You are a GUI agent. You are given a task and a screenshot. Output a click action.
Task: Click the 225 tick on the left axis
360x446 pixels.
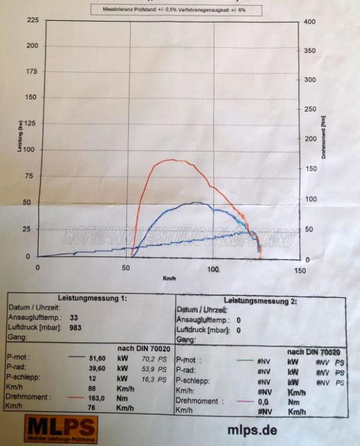[x=33, y=20]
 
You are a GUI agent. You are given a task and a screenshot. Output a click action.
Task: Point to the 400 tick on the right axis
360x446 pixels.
[x=309, y=21]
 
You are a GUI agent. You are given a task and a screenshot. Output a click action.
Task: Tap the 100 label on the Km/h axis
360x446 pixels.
[x=214, y=269]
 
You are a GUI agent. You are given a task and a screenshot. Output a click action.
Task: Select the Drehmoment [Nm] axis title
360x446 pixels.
[x=323, y=137]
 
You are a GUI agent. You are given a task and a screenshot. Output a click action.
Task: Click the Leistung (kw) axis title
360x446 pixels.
[x=20, y=137]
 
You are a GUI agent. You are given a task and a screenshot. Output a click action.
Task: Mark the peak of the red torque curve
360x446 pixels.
[x=170, y=160]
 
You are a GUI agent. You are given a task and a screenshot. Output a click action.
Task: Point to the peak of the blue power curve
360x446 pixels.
[x=196, y=203]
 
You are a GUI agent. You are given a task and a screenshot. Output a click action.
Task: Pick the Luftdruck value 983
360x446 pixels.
[x=75, y=328]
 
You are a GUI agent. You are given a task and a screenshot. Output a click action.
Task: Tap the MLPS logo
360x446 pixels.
[x=60, y=429]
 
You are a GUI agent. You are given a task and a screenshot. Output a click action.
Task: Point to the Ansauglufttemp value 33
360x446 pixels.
[x=74, y=318]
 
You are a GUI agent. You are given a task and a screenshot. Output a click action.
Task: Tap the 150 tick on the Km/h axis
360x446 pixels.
[x=300, y=269]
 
